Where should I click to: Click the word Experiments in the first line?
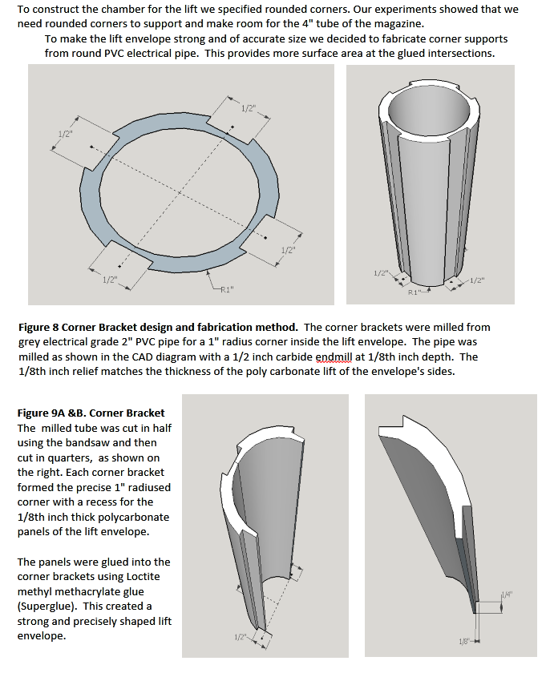point(366,10)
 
